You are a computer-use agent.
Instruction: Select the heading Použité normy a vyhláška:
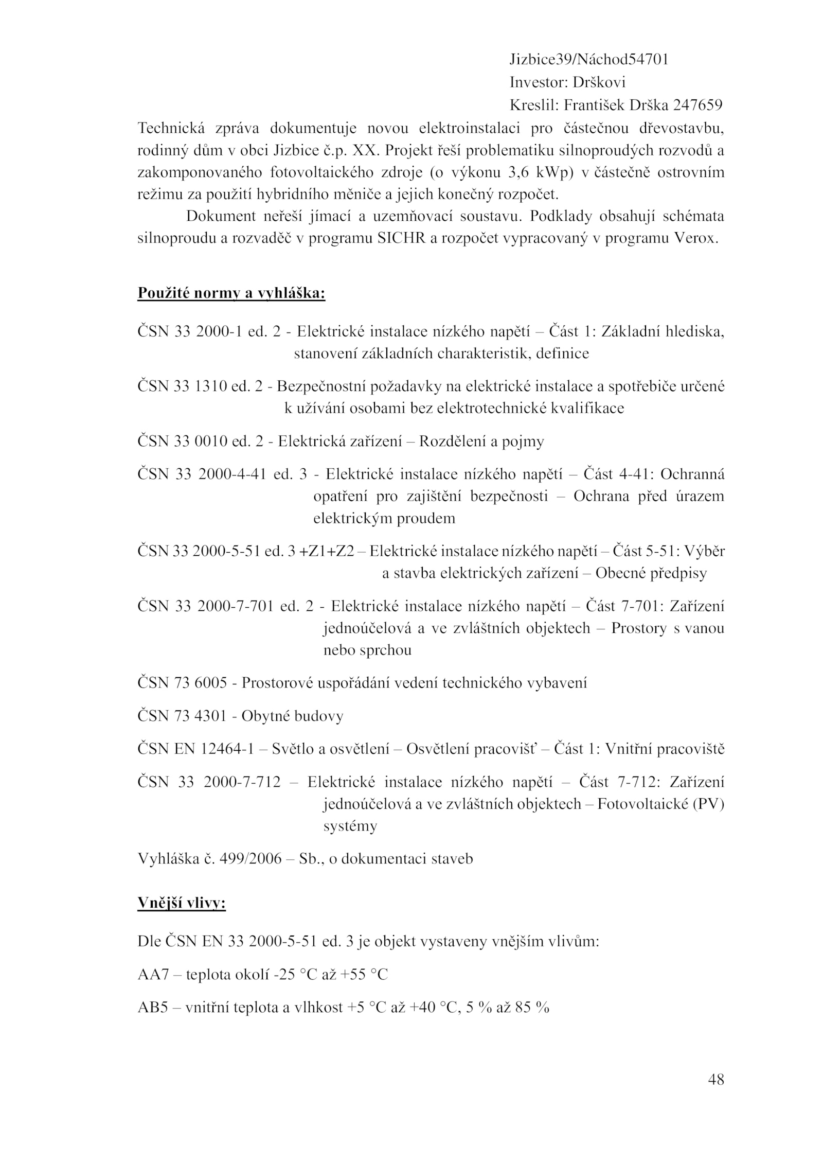coord(231,293)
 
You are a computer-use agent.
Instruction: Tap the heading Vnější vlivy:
coord(182,903)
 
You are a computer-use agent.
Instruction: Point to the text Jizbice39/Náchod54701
coord(589,60)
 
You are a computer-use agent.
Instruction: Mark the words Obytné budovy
coord(292,716)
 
